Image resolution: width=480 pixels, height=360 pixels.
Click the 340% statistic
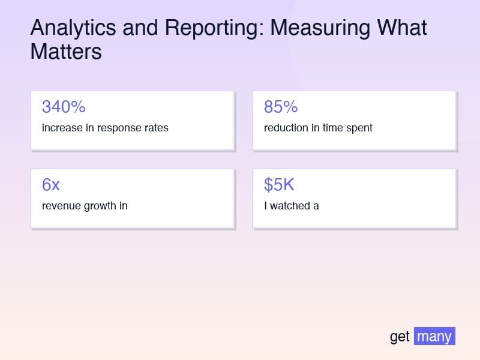pyautogui.click(x=64, y=107)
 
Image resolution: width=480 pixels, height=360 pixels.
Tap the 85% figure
pyautogui.click(x=281, y=107)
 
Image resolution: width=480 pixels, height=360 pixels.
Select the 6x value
pyautogui.click(x=51, y=185)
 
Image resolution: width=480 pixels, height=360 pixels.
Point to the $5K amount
pyautogui.click(x=279, y=185)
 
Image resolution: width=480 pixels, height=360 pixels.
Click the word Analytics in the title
pyautogui.click(x=73, y=28)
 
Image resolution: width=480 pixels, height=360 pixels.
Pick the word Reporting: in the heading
pyautogui.click(x=214, y=28)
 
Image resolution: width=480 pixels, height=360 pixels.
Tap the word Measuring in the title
pyautogui.click(x=320, y=28)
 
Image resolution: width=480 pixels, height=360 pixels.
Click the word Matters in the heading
pyautogui.click(x=66, y=52)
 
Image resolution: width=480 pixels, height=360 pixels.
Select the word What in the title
pyautogui.click(x=401, y=28)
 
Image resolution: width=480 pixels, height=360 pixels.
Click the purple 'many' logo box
pyautogui.click(x=434, y=336)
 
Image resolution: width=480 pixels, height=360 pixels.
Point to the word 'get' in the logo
pyautogui.click(x=400, y=337)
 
